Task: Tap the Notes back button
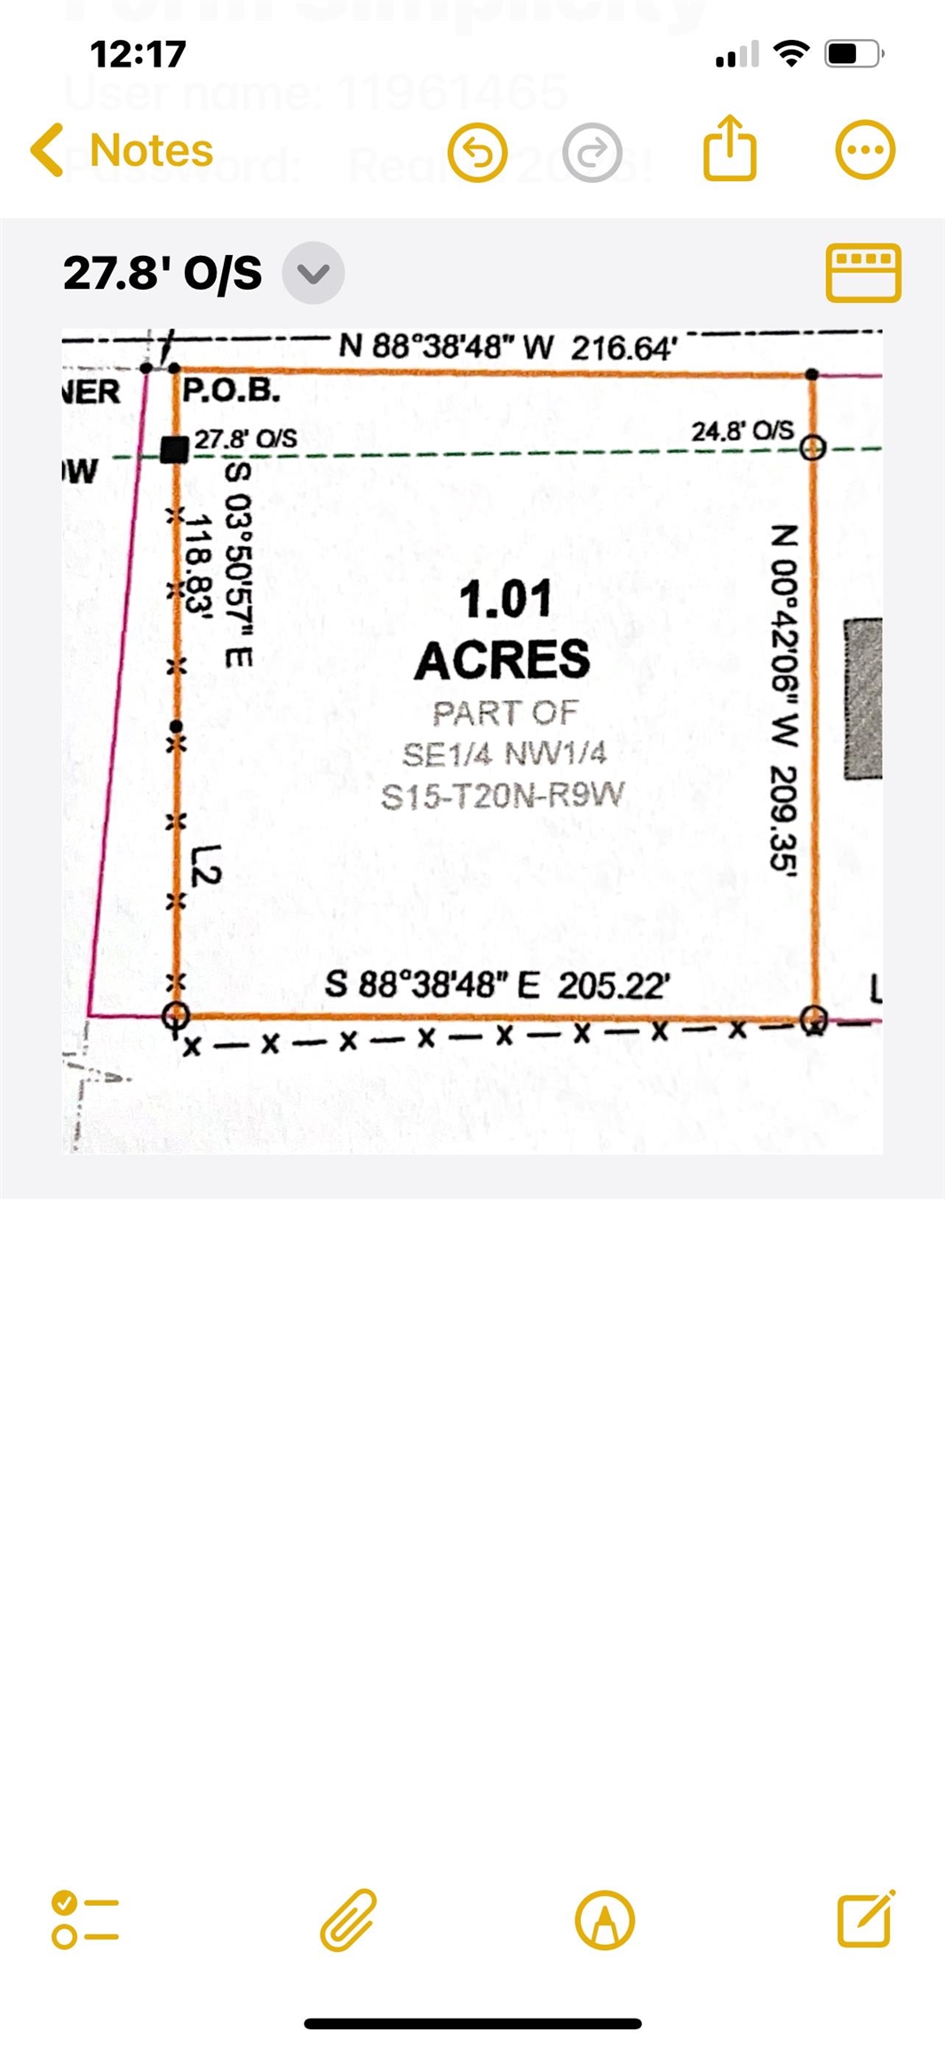click(x=122, y=150)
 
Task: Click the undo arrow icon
click(x=478, y=153)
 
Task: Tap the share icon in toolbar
click(x=729, y=148)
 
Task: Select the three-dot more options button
click(x=865, y=150)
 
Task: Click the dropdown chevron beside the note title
click(x=313, y=273)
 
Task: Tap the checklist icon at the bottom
click(x=84, y=1920)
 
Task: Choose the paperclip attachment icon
click(x=348, y=1919)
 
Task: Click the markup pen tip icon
click(x=605, y=1920)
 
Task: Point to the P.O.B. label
click(x=231, y=391)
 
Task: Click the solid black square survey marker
click(x=174, y=450)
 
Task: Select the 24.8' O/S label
click(x=742, y=432)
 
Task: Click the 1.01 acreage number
click(x=504, y=600)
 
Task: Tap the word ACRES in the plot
click(x=503, y=660)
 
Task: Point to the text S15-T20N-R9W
click(x=503, y=795)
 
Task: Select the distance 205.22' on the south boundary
click(x=614, y=985)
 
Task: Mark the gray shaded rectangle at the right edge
click(x=862, y=699)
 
